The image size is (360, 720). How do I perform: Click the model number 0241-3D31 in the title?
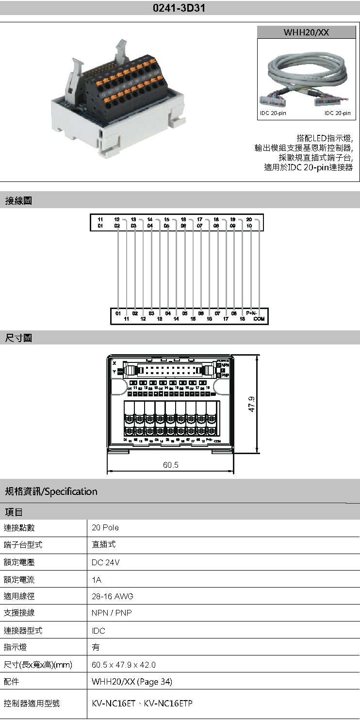point(180,8)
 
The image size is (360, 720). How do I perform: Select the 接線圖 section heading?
point(18,200)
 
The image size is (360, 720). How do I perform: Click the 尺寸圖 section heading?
point(18,338)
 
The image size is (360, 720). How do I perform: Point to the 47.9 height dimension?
point(252,404)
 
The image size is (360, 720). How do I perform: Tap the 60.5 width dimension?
point(171,465)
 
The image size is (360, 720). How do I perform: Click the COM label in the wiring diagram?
point(259,319)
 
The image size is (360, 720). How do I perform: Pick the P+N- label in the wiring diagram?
point(252,313)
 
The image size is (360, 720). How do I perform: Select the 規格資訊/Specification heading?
point(51,491)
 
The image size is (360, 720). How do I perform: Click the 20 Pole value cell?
point(105,527)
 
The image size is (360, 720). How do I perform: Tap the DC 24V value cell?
point(105,562)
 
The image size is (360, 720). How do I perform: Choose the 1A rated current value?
point(97,580)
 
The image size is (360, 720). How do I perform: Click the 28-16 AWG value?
point(112,596)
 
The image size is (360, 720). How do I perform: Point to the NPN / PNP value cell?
point(112,613)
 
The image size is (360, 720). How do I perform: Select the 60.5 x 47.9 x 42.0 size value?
point(124,665)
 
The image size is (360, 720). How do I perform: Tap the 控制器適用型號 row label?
point(32,703)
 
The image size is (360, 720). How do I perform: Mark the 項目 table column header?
point(14,512)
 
